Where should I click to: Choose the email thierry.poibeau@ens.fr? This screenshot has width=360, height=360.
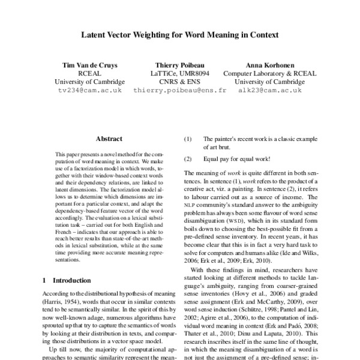point(179,91)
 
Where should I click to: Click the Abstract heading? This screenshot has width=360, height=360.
point(109,138)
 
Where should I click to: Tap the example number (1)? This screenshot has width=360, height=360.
point(188,138)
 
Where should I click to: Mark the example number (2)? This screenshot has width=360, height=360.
point(188,159)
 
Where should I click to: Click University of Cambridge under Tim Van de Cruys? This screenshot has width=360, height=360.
point(90,82)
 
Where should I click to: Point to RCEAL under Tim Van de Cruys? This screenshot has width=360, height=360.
point(90,73)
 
